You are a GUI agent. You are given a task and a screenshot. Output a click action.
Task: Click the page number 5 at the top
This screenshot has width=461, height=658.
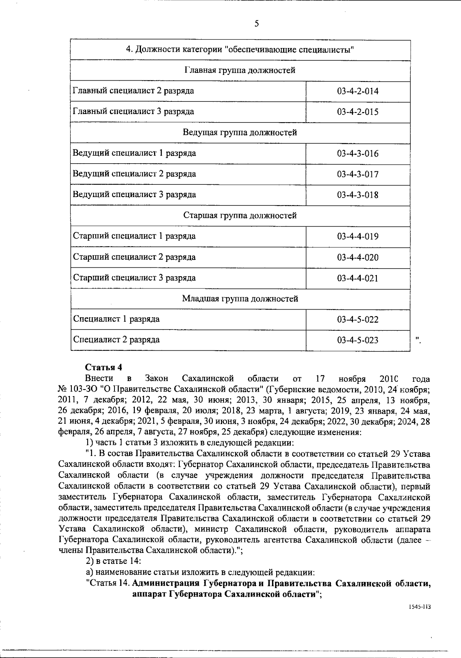[257, 24]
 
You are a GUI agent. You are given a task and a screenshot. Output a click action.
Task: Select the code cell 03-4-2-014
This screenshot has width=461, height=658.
[358, 91]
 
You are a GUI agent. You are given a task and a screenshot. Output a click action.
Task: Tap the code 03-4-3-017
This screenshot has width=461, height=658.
[358, 174]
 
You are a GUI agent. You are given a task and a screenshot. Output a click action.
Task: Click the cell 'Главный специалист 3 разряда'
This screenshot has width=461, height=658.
[133, 112]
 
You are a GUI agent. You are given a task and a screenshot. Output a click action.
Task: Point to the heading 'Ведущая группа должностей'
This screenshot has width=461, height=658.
[240, 133]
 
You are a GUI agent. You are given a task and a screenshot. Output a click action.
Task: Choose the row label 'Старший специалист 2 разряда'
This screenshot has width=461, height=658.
[134, 257]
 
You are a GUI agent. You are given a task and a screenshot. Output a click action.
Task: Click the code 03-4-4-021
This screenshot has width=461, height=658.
[358, 278]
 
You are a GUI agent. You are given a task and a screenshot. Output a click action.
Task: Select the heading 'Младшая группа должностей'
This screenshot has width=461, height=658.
[240, 299]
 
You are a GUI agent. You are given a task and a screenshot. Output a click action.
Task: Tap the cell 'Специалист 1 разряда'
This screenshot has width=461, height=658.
[116, 319]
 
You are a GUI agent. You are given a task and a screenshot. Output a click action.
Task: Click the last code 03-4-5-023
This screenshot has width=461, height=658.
[358, 340]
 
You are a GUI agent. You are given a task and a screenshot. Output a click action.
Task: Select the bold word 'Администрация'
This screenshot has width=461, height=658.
[166, 583]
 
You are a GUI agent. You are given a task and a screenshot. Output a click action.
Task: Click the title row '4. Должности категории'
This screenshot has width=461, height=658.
[240, 50]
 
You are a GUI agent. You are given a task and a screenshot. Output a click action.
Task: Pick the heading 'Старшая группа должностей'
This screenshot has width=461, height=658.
[240, 215]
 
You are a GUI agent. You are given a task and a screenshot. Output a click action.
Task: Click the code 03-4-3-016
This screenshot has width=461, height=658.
[358, 154]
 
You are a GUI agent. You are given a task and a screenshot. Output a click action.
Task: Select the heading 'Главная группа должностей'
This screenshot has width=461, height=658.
[240, 71]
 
